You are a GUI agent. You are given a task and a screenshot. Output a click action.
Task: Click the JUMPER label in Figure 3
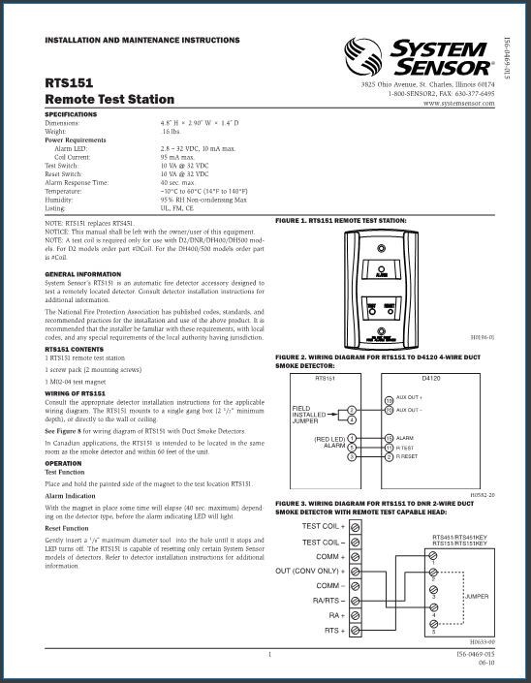click(x=476, y=596)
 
